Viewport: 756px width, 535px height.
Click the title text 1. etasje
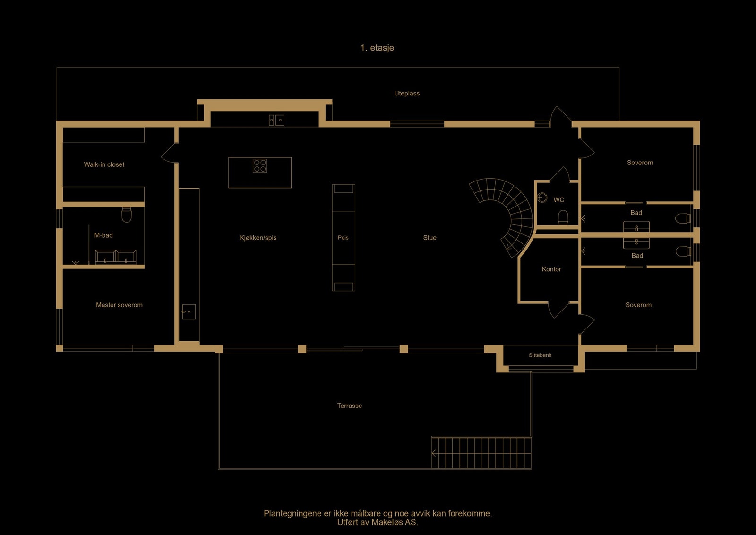(x=377, y=48)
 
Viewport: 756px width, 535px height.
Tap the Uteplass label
(x=407, y=94)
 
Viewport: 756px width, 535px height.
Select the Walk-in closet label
(x=104, y=164)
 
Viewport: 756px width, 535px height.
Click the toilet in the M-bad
(x=127, y=215)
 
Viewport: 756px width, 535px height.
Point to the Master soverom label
(x=119, y=305)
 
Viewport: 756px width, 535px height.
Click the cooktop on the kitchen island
(x=260, y=165)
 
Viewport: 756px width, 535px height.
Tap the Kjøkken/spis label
(x=258, y=238)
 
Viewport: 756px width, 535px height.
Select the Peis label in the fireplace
(x=343, y=238)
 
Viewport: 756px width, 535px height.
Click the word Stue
(x=430, y=238)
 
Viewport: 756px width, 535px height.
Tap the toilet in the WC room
(x=563, y=217)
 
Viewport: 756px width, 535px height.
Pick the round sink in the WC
(x=542, y=197)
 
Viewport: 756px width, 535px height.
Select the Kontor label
(x=551, y=269)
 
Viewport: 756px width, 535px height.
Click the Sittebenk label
(x=540, y=355)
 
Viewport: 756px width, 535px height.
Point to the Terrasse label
(x=350, y=406)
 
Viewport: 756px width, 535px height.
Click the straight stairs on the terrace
(x=481, y=453)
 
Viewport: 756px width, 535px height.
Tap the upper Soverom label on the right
(x=640, y=163)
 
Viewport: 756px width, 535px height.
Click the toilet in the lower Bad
(x=683, y=251)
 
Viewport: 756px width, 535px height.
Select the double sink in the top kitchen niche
(x=276, y=120)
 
